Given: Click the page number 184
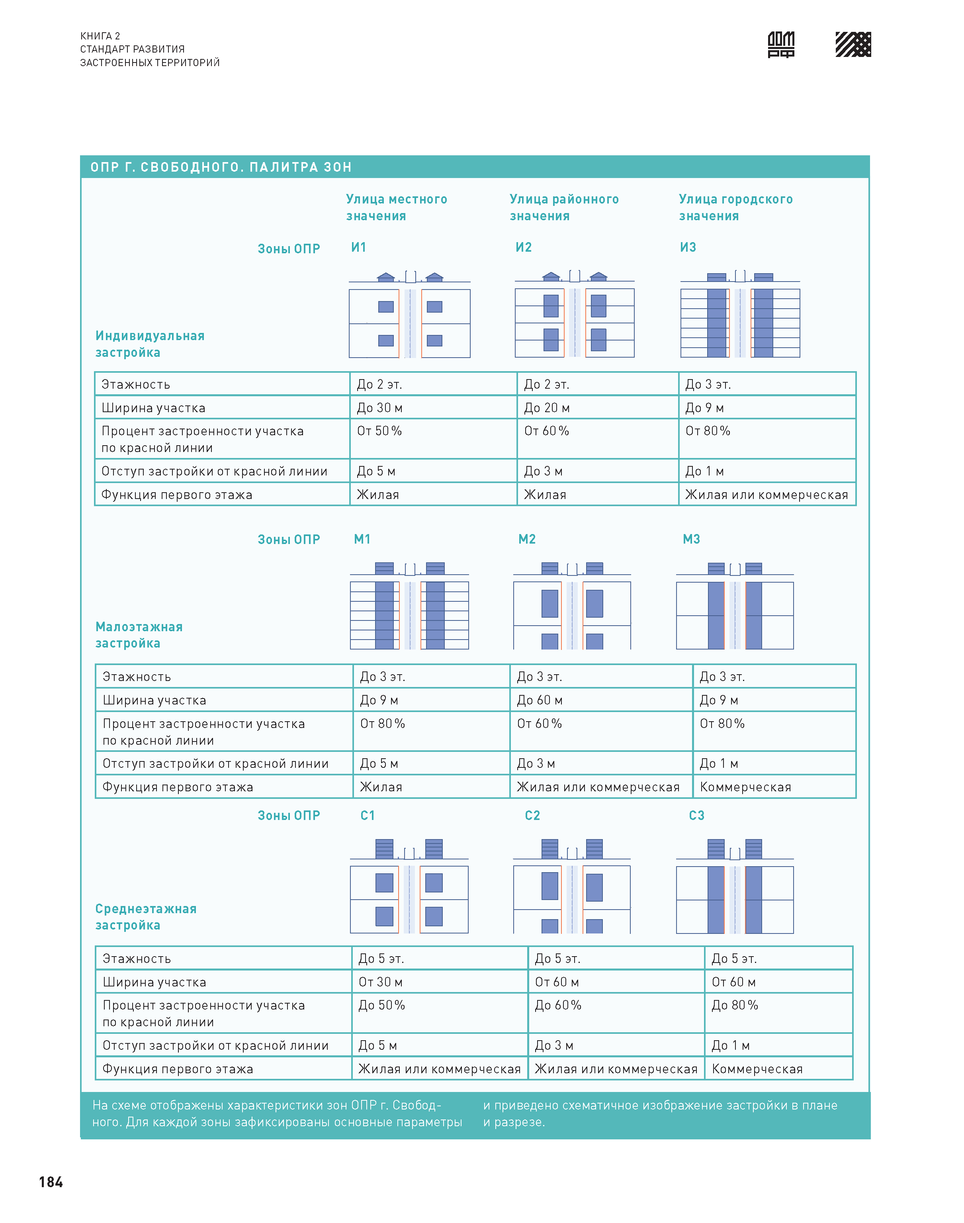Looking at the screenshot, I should click(51, 1182).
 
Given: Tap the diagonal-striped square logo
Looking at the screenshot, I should click(853, 45).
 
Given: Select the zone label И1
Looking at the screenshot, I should click(358, 247).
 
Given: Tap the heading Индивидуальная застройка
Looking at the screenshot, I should click(150, 344).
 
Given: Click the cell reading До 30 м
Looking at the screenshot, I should click(379, 407).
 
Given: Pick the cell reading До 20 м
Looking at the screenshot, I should click(546, 407).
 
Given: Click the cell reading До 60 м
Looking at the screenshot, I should click(539, 700).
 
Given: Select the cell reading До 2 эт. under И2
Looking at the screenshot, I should click(546, 384).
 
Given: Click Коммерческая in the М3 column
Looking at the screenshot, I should click(745, 787).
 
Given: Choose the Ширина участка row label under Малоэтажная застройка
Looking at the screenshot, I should click(154, 700).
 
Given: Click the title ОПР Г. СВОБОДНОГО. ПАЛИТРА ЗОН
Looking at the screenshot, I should click(221, 167).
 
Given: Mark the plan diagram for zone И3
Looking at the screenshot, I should click(740, 323).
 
